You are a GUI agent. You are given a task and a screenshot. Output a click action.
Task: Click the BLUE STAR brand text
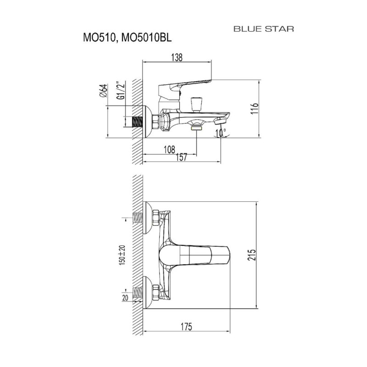[264, 29]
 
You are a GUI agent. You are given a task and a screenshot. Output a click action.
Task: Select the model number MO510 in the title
[99, 38]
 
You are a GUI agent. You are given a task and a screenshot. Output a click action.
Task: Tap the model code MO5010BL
[145, 38]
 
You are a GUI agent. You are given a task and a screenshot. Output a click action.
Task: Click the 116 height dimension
[255, 108]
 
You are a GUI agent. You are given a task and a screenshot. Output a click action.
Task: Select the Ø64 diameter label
[104, 90]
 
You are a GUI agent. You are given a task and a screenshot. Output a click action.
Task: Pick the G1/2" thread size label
[121, 90]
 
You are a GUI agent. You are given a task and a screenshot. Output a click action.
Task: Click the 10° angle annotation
[221, 133]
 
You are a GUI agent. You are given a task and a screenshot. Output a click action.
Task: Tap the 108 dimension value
[169, 150]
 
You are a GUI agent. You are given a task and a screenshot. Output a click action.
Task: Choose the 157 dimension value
[182, 157]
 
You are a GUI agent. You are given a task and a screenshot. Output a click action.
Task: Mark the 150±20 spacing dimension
[122, 255]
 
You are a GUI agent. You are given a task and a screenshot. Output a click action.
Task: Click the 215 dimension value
[252, 255]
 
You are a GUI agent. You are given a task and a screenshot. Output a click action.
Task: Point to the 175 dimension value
[186, 327]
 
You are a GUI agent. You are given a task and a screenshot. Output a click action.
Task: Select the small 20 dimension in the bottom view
[125, 298]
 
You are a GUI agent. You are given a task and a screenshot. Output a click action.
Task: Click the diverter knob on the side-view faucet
[196, 104]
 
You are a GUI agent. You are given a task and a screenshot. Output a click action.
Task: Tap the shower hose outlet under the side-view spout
[196, 128]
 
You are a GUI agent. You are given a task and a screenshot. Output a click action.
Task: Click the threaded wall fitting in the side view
[138, 122]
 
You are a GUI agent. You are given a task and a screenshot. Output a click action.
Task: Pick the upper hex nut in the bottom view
[156, 218]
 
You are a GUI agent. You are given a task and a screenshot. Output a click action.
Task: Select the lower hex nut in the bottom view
[156, 293]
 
